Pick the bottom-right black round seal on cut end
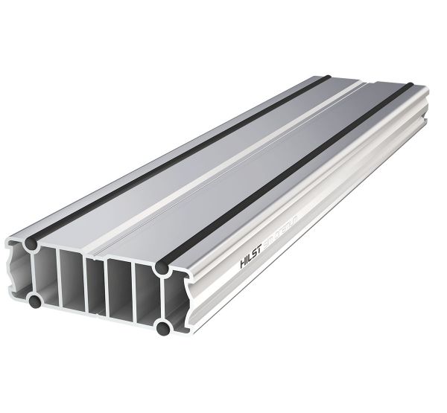(160, 327)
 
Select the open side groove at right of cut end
(176, 298)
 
